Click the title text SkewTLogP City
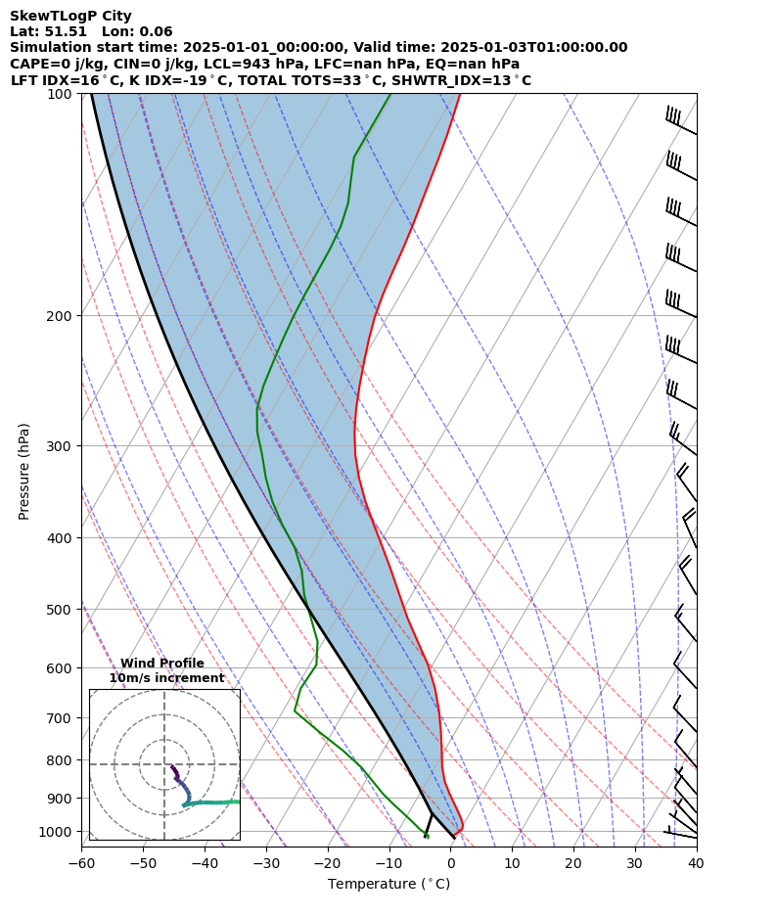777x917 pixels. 70,16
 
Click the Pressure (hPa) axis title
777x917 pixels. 24,471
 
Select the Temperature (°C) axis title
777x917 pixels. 388,885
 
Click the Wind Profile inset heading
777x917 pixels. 162,664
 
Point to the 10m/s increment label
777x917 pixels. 166,678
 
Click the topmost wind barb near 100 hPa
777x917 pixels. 680,121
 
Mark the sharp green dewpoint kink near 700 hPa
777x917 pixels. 295,711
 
